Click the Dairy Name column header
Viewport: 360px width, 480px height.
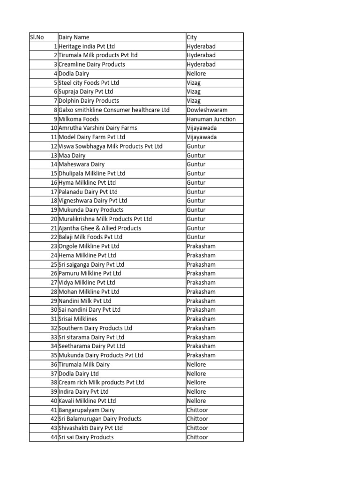pyautogui.click(x=74, y=37)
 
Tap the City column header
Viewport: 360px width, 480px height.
pyautogui.click(x=192, y=37)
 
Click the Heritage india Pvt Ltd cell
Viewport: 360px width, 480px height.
pyautogui.click(x=87, y=46)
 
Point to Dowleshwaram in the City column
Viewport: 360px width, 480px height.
pyautogui.click(x=207, y=110)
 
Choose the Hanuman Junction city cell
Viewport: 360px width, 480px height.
pyautogui.click(x=211, y=119)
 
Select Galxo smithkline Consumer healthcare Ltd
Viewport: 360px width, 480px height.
pyautogui.click(x=114, y=110)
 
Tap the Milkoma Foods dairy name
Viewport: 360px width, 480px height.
pyautogui.click(x=79, y=119)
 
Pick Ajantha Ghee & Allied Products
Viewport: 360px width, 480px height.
pyautogui.click(x=100, y=228)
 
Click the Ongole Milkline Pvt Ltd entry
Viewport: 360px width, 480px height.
pyautogui.click(x=89, y=246)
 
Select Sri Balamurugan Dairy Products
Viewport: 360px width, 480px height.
pyautogui.click(x=100, y=419)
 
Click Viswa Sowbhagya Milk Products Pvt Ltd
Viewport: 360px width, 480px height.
pyautogui.click(x=111, y=146)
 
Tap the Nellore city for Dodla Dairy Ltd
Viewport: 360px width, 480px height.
pyautogui.click(x=196, y=374)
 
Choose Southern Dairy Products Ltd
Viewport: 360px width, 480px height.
pyautogui.click(x=96, y=328)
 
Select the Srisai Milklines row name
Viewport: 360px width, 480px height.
pyautogui.click(x=78, y=319)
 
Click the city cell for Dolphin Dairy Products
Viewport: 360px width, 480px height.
pyautogui.click(x=194, y=101)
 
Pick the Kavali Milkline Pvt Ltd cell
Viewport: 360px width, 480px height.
pyautogui.click(x=87, y=401)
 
